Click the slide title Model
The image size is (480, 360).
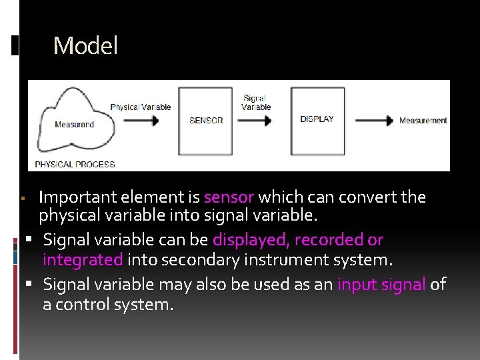coord(85,46)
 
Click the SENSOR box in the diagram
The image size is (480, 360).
coord(206,121)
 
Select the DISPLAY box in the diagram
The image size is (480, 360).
coord(317,120)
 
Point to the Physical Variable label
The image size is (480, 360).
coord(140,107)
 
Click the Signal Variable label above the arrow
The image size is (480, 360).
coord(255,102)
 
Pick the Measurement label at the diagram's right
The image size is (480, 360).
coord(423,121)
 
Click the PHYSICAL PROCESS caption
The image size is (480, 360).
coord(75,164)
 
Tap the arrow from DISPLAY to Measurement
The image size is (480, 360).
coord(374,121)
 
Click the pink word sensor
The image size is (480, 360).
coord(229,197)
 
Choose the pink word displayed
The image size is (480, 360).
coord(251,239)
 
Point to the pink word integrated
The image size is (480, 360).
coord(83,260)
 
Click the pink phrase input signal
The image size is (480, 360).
coord(381,285)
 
